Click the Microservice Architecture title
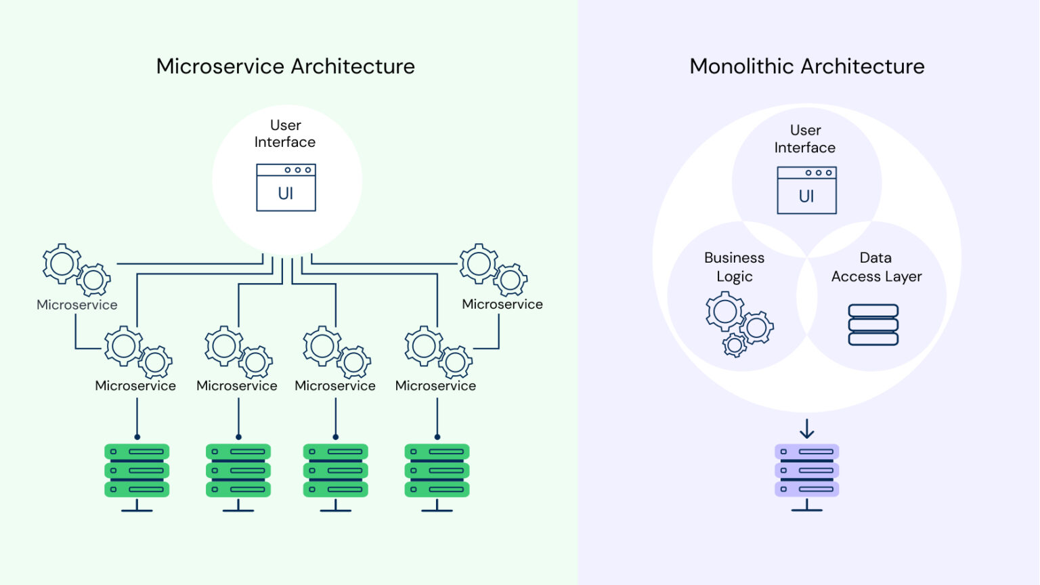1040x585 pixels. coord(285,66)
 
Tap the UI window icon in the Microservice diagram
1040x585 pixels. coord(286,188)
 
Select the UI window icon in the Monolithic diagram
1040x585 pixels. coord(806,190)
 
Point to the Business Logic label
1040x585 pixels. coord(734,267)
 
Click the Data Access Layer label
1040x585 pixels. coord(876,267)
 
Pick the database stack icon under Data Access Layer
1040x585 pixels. coord(873,325)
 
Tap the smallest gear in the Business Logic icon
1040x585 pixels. coord(735,345)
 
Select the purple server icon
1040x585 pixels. coord(806,471)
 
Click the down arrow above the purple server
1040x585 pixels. coord(806,429)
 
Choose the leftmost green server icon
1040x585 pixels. coord(137,471)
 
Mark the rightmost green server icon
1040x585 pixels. coord(437,471)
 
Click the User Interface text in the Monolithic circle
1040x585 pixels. coord(805,139)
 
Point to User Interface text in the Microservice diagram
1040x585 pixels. coord(285,133)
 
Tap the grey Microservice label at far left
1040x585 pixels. coord(77,305)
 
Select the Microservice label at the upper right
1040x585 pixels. coord(502,304)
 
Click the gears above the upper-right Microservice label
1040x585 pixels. coord(493,269)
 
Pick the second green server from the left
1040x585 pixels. coord(238,471)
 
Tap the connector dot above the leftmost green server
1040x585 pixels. coord(137,437)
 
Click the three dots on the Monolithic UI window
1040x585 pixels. coord(819,173)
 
